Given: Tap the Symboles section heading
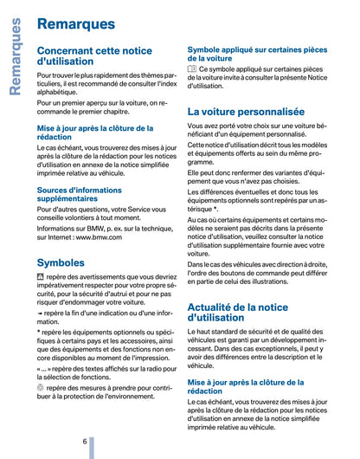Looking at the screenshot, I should [x=61, y=262].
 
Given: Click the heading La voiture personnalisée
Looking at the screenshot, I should [x=246, y=112].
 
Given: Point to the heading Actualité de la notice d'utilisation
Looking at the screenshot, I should [x=238, y=312].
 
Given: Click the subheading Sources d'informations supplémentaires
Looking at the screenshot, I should [x=85, y=195].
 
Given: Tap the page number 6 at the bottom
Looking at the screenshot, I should [x=84, y=442].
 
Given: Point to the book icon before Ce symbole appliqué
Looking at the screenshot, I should [x=192, y=69].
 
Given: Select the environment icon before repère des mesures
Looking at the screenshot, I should [x=41, y=390].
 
